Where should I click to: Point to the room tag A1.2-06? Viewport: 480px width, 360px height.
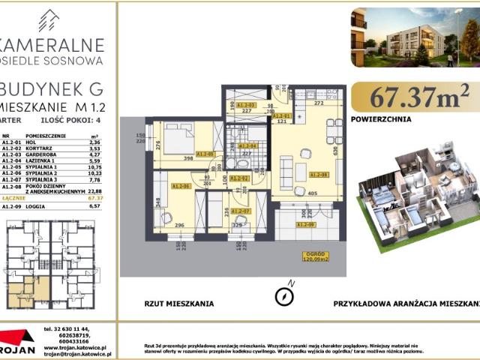181,186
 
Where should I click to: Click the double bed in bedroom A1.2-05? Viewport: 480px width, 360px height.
180,139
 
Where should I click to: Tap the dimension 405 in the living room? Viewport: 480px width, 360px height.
311,193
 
